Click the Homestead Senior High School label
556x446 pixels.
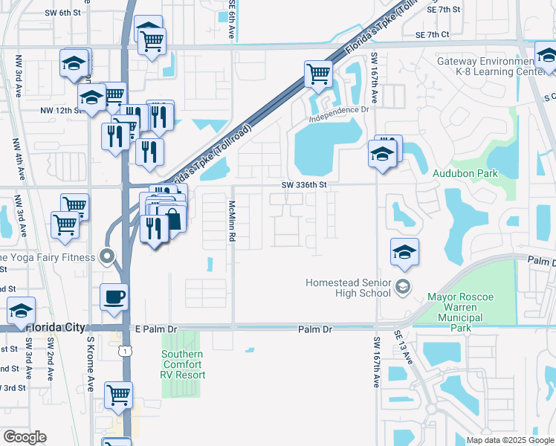349,288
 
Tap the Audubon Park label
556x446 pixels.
465,173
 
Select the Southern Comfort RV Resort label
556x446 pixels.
182,364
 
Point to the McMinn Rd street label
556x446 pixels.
232,220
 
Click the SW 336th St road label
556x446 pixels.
304,184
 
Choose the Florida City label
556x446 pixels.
54,327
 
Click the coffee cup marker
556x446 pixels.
114,296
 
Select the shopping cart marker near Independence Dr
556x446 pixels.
318,74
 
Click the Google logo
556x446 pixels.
25,437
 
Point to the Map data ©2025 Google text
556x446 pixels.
508,440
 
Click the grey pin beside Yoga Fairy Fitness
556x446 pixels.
108,258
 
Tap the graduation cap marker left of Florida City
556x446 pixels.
20,309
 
